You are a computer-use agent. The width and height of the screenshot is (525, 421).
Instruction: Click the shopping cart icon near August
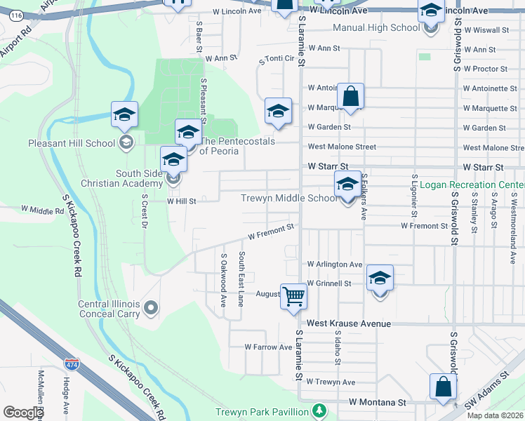[293, 295]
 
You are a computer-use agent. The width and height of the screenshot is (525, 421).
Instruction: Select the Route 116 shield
[17, 15]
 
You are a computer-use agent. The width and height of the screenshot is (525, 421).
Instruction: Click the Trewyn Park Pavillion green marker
[319, 410]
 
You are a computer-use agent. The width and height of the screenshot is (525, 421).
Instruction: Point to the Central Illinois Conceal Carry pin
[150, 307]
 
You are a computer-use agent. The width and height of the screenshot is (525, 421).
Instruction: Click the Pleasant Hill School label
[71, 144]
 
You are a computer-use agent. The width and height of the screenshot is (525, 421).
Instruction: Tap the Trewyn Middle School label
[288, 198]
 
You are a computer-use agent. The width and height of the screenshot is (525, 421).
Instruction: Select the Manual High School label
[376, 27]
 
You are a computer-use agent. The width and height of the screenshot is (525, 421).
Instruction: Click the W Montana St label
[378, 403]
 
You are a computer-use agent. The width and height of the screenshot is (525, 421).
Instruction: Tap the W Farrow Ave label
[268, 347]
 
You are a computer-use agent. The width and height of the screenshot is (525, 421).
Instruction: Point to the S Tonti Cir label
[276, 59]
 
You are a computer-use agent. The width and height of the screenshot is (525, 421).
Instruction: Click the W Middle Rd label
[42, 210]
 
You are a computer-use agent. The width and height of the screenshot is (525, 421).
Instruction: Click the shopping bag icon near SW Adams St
[444, 387]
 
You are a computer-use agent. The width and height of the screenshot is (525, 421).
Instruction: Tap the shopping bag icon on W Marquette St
[350, 98]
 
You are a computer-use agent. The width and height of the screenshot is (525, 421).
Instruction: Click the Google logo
[23, 413]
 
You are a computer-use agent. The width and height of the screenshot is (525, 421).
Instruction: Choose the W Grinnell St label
[328, 283]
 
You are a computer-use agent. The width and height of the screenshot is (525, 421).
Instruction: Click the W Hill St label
[181, 200]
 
